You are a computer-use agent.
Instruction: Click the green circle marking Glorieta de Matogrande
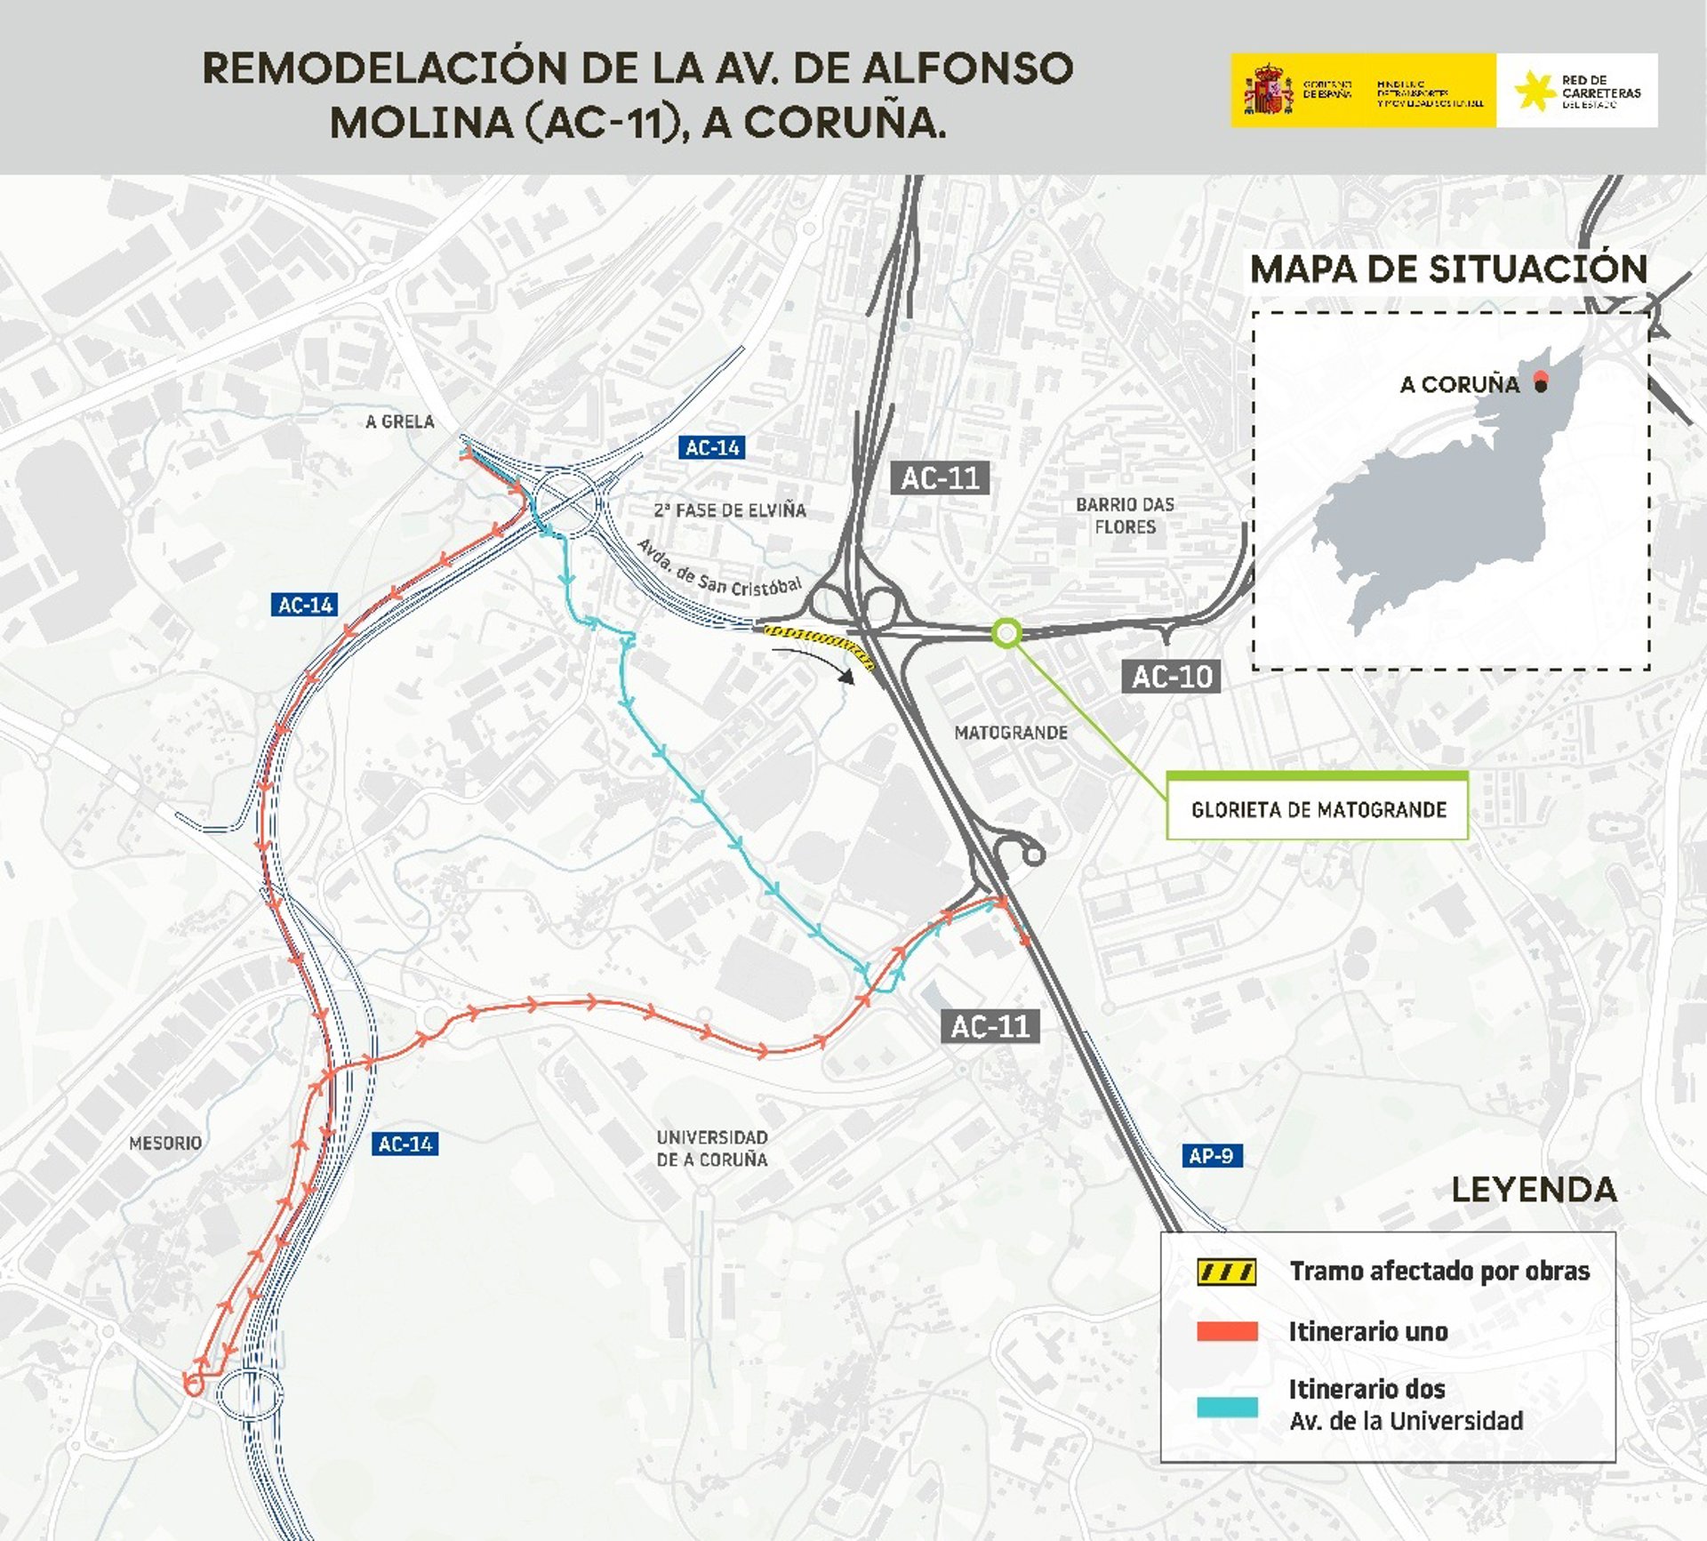point(1006,633)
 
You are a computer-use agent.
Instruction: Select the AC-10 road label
point(1171,677)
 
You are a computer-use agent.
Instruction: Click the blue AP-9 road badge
point(1210,1155)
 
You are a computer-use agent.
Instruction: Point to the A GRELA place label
point(400,421)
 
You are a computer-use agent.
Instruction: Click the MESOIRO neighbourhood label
point(165,1143)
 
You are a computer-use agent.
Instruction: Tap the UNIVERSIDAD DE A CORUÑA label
point(711,1148)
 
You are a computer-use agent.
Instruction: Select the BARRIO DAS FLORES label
point(1125,516)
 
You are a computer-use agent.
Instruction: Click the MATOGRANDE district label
point(1011,733)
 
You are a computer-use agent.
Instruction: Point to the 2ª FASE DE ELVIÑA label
point(730,510)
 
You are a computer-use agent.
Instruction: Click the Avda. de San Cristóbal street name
point(719,570)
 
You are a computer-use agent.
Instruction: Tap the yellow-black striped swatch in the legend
point(1227,1272)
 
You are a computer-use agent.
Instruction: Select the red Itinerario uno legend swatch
point(1227,1331)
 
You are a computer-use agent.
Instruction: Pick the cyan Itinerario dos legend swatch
point(1227,1407)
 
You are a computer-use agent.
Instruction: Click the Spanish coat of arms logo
point(1268,90)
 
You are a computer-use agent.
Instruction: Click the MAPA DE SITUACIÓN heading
point(1448,269)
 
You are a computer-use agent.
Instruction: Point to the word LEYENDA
point(1534,1190)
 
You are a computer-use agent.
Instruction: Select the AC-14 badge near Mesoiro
point(405,1144)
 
